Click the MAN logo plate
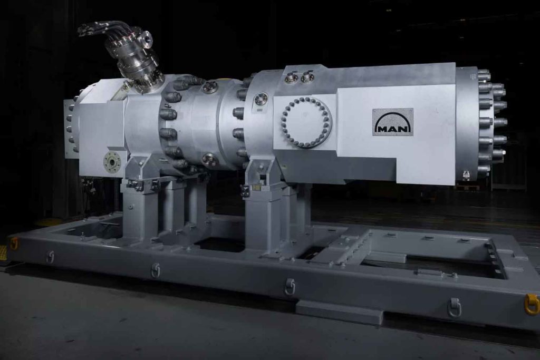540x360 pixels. pyautogui.click(x=393, y=122)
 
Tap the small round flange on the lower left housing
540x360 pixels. pyautogui.click(x=112, y=161)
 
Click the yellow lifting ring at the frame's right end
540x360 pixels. pyautogui.click(x=533, y=304)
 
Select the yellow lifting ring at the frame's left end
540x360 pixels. pyautogui.click(x=14, y=244)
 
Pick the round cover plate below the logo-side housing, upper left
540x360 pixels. pyautogui.click(x=261, y=100)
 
